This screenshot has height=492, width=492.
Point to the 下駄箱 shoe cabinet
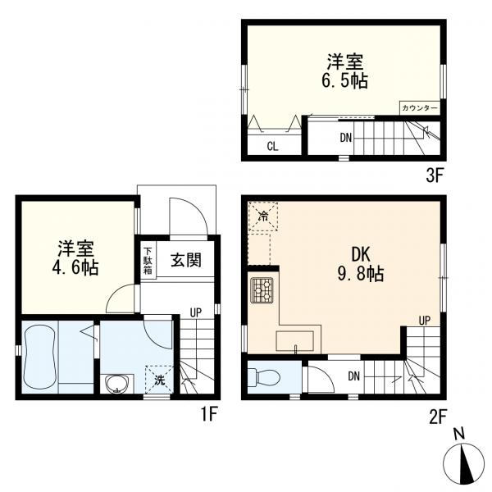coord(148,262)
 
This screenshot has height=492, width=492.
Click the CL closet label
coord(271,148)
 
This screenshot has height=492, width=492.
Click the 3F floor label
coord(435,175)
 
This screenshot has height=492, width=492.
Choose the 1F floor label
coord(208,415)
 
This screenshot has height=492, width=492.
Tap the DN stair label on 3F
coord(346,137)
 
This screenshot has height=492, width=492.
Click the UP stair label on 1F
coord(195,312)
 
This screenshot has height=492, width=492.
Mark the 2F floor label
coord(435,416)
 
